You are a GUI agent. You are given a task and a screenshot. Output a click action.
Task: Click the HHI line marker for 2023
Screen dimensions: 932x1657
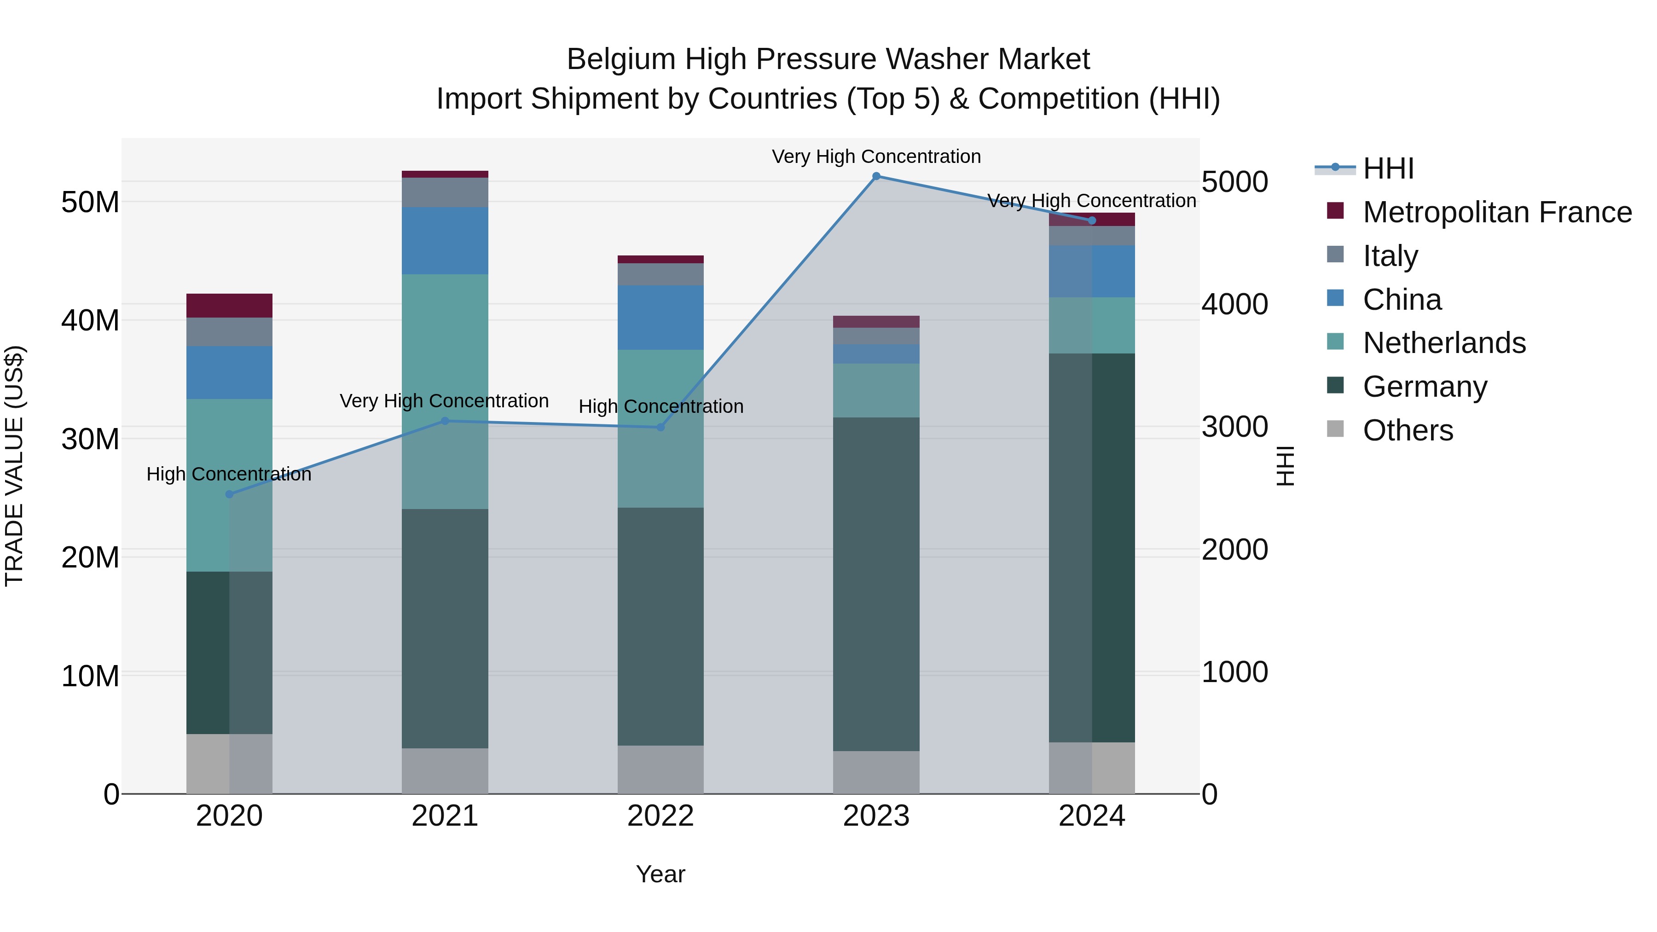[x=876, y=176]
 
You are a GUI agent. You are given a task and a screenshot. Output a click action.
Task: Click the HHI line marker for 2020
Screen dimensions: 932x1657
[x=230, y=494]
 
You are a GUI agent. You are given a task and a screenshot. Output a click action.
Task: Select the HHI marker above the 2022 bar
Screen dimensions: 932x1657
[x=660, y=427]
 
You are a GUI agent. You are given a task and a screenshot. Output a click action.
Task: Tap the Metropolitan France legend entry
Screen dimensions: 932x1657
[x=1496, y=212]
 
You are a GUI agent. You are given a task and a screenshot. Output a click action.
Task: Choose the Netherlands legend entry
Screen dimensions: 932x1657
[x=1443, y=343]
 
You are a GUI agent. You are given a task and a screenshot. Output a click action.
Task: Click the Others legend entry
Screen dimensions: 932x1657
[x=1408, y=430]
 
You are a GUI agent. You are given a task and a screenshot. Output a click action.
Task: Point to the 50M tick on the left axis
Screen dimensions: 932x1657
[x=90, y=203]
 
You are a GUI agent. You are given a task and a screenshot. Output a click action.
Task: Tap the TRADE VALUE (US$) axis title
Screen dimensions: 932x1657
[x=15, y=466]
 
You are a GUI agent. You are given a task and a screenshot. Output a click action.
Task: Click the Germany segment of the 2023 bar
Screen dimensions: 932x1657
[x=876, y=584]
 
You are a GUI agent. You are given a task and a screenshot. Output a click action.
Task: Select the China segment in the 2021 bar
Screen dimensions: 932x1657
[x=445, y=241]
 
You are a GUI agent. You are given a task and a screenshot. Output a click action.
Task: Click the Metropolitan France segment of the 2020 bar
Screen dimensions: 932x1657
[x=230, y=306]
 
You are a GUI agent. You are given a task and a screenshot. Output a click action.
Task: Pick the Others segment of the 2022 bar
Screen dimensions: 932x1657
[x=660, y=769]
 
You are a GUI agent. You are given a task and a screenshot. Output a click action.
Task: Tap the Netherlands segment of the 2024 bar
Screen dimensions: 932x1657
[x=1092, y=325]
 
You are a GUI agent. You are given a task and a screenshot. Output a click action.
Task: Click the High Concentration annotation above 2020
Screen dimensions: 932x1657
[x=229, y=474]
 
